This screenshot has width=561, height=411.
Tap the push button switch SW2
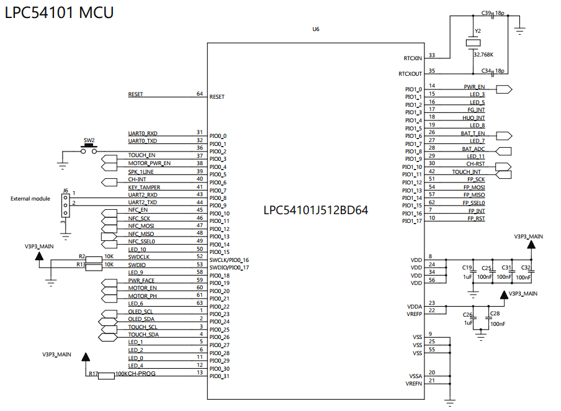pos(89,150)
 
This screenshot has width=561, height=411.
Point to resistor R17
pos(107,375)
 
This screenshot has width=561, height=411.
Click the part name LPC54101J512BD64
pos(316,210)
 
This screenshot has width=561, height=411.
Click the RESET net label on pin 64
pos(135,94)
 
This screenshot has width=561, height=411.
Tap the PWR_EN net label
pos(474,87)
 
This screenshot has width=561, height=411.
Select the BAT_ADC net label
pos(473,149)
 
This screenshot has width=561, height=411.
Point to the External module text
pos(30,199)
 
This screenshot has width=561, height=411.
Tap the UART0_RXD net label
pos(143,133)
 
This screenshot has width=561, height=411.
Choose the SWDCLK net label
pos(139,256)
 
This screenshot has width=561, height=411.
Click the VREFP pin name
pos(414,315)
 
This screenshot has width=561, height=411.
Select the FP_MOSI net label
pos(474,187)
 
